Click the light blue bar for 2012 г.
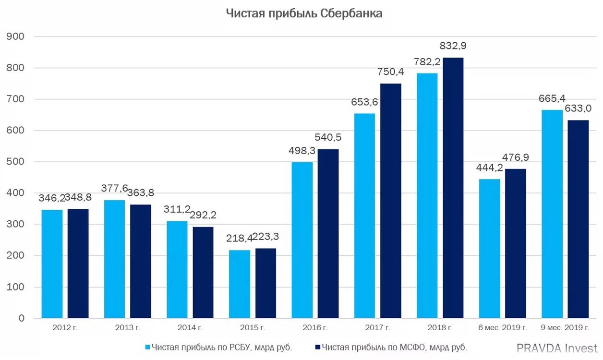(x=52, y=264)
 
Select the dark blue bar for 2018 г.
(x=453, y=188)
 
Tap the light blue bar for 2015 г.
(x=240, y=284)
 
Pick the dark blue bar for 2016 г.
(x=328, y=233)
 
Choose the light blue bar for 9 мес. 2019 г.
(x=552, y=214)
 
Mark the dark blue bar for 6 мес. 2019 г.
(x=516, y=243)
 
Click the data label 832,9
(x=453, y=46)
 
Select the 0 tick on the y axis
(x=22, y=318)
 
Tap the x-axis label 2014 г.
(x=190, y=328)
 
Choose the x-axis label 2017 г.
(x=377, y=328)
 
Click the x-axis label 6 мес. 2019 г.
(x=503, y=328)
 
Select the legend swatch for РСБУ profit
(x=147, y=347)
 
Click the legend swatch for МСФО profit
(x=318, y=347)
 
